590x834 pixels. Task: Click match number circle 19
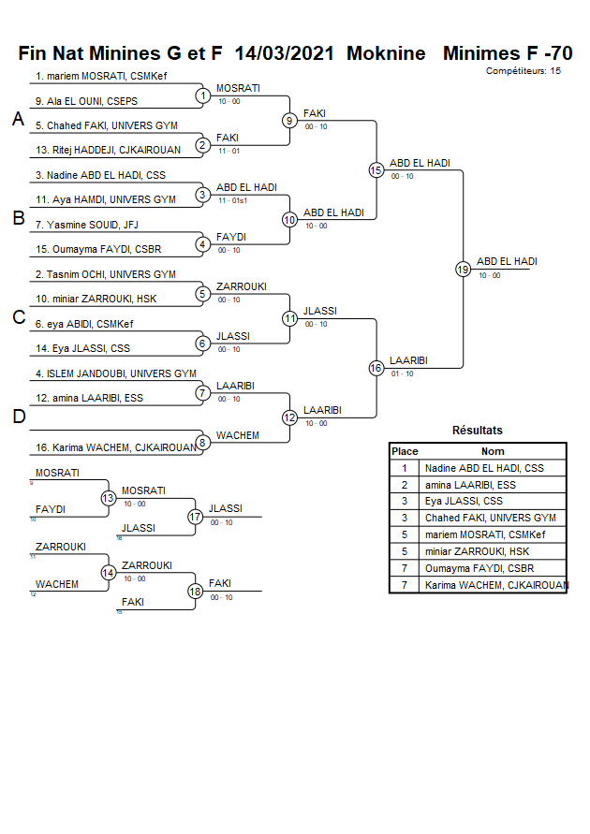pyautogui.click(x=463, y=269)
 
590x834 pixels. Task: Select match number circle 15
pyautogui.click(x=376, y=169)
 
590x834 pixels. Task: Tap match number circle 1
pyautogui.click(x=202, y=95)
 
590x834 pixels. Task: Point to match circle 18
pyautogui.click(x=196, y=591)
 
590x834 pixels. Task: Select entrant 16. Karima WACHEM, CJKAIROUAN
pyautogui.click(x=116, y=447)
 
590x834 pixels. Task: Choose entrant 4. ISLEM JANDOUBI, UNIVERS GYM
pyautogui.click(x=116, y=373)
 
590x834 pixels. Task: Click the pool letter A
pyautogui.click(x=18, y=119)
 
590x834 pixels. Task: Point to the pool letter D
pyautogui.click(x=18, y=417)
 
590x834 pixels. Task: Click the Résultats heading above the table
pyautogui.click(x=478, y=431)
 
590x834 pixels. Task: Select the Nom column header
pyautogui.click(x=493, y=451)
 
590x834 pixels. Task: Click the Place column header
pyautogui.click(x=405, y=451)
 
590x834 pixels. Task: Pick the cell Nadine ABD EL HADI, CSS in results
pyautogui.click(x=484, y=468)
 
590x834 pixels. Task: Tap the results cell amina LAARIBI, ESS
pyautogui.click(x=470, y=485)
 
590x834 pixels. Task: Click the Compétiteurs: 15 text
pyautogui.click(x=524, y=71)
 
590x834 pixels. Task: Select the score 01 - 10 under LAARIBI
pyautogui.click(x=403, y=373)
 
